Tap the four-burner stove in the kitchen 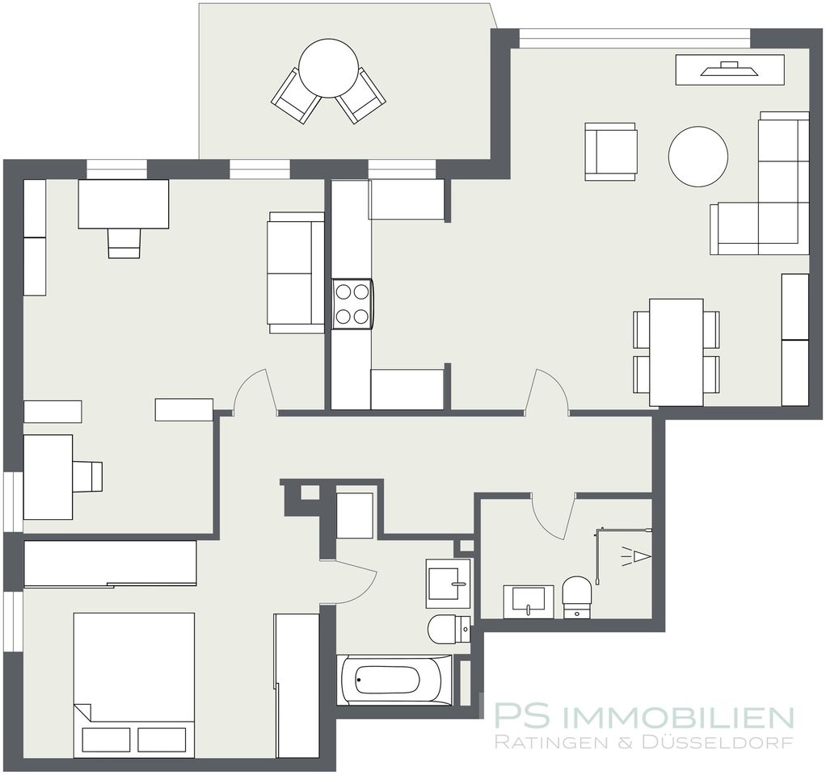352,304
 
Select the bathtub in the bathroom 394,680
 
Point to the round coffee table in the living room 698,157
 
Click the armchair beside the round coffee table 610,152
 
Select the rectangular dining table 676,352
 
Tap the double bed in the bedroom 134,685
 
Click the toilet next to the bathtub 449,629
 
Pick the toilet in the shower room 577,597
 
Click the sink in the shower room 529,601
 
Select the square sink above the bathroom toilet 448,583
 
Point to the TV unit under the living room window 730,69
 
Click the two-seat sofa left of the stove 296,273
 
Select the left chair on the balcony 296,96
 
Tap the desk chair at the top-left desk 124,243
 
